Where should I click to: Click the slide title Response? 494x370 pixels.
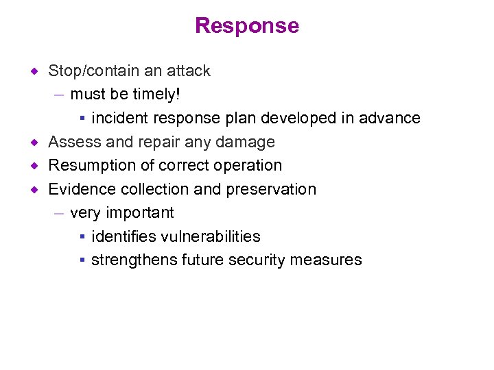(x=247, y=26)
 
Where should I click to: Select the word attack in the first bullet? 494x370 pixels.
(x=189, y=71)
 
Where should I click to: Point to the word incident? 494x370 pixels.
(x=117, y=118)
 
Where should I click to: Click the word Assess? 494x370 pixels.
(x=72, y=142)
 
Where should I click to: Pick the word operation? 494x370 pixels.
(x=250, y=166)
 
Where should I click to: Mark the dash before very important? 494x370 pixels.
(x=60, y=213)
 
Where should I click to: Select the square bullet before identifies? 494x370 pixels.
(x=81, y=237)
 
